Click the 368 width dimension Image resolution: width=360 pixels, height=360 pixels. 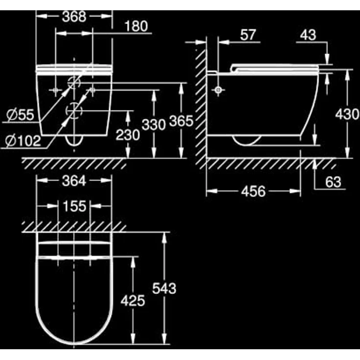coord(74,16)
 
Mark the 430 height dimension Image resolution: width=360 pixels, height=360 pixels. coord(348,114)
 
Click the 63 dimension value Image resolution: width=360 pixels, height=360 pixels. coord(333,182)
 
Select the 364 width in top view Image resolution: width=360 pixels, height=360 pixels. coord(74,181)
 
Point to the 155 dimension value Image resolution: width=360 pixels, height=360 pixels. coord(74,206)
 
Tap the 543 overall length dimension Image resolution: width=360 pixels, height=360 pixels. coord(163,289)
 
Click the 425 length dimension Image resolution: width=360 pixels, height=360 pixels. coord(133,300)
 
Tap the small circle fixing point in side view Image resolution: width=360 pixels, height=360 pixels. coord(218,90)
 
